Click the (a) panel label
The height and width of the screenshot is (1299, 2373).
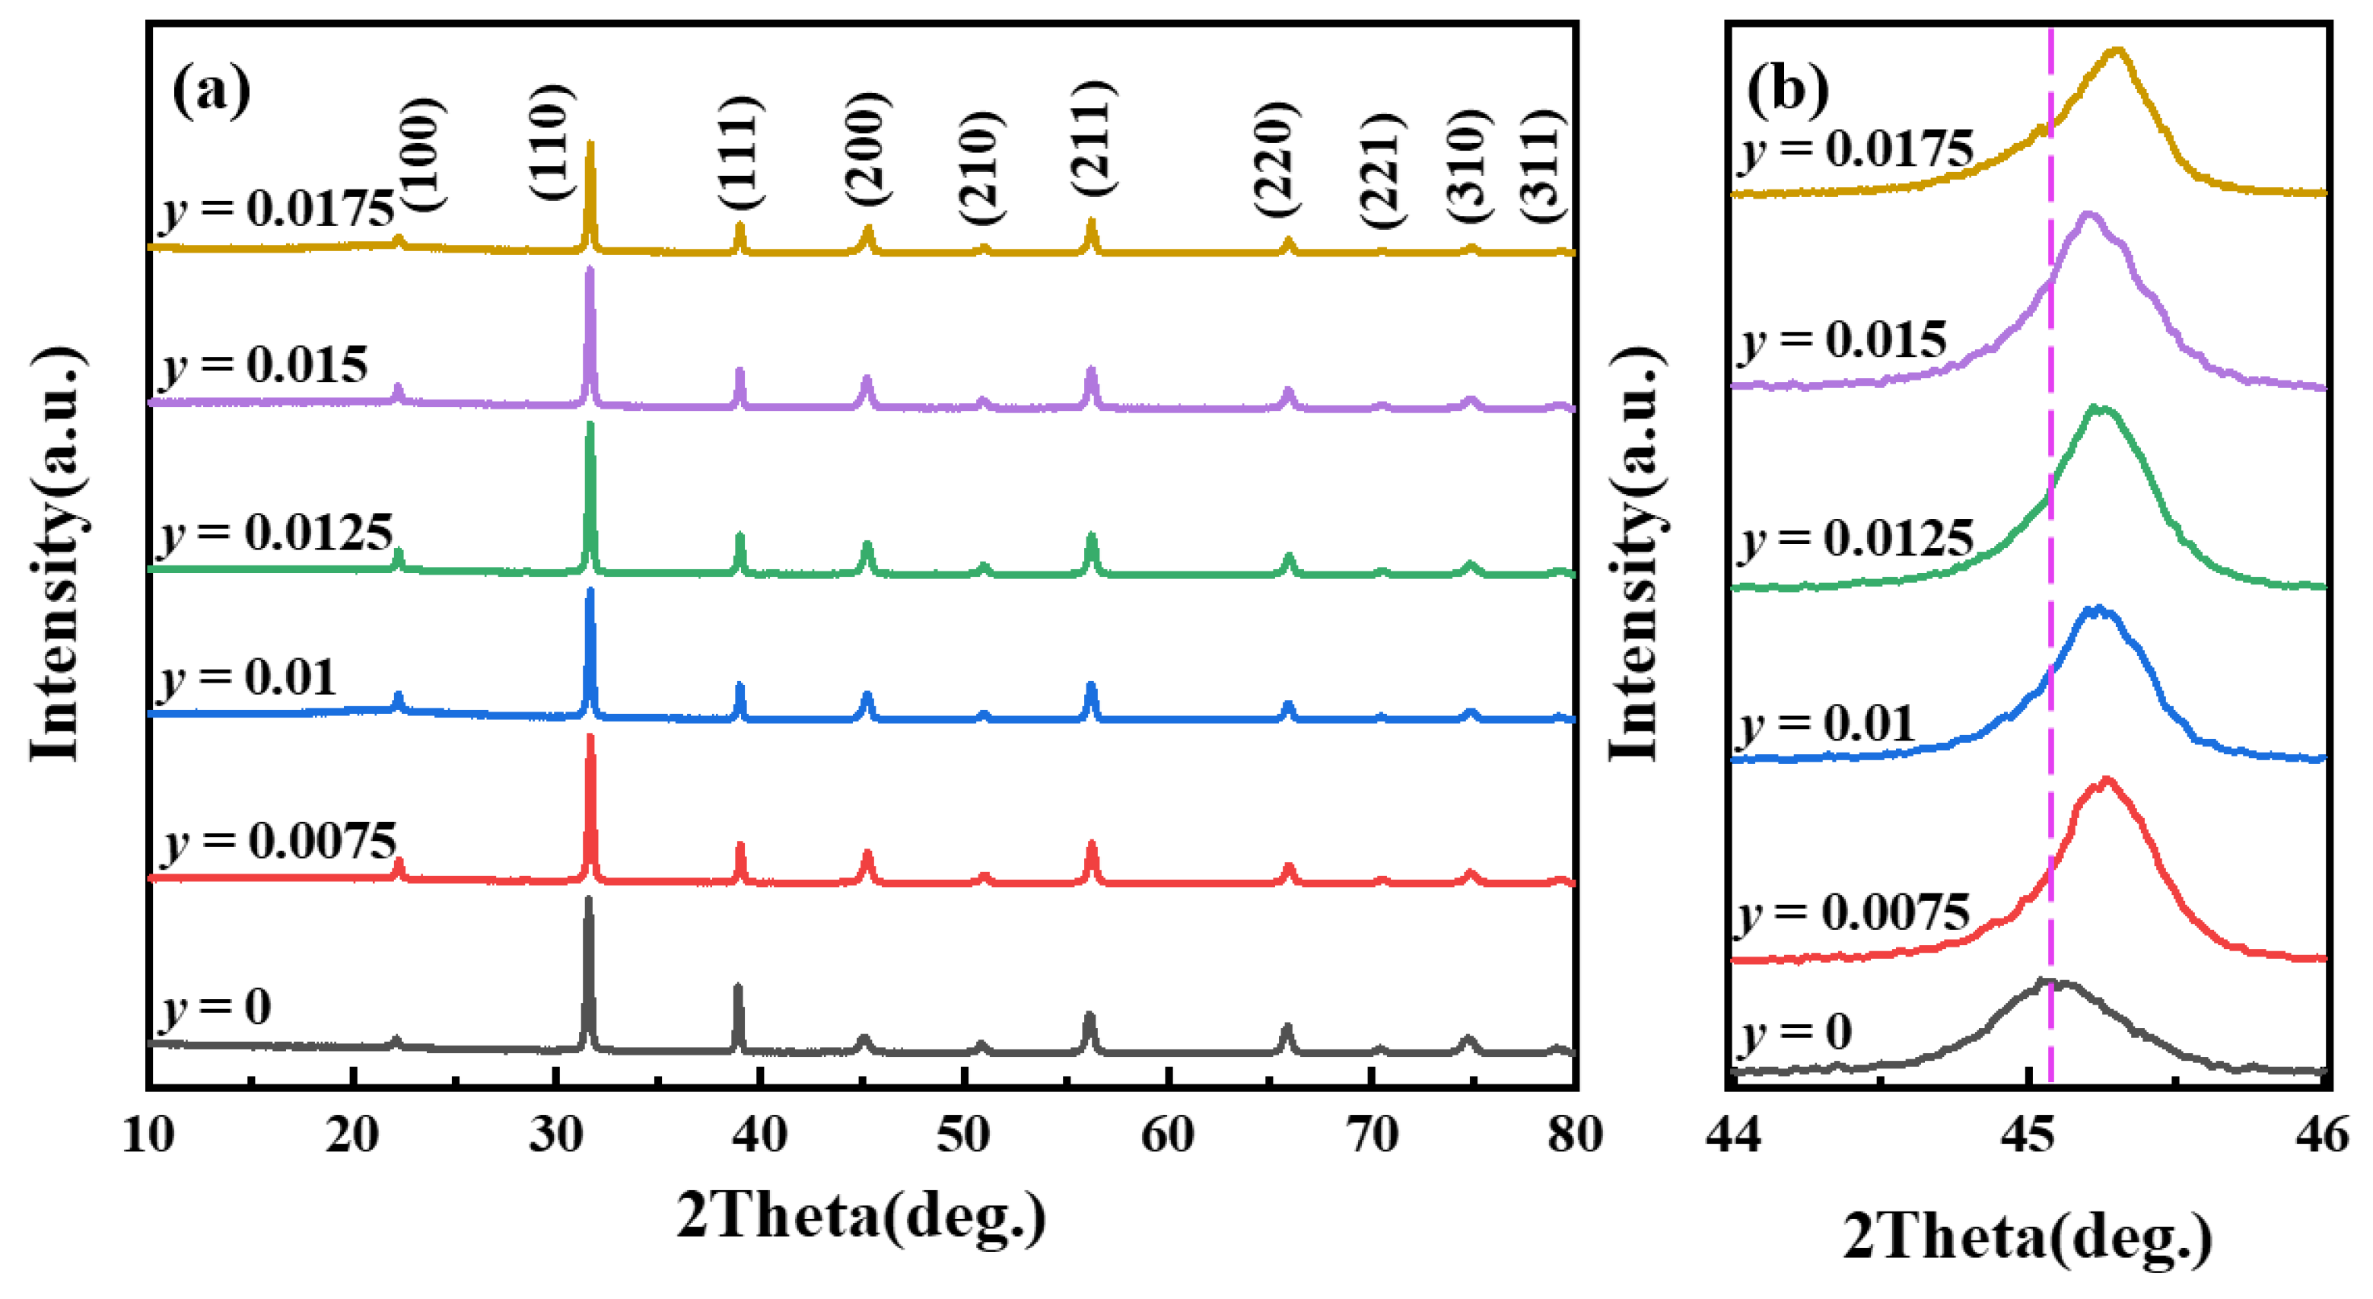[211, 91]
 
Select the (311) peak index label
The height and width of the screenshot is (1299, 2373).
[1541, 165]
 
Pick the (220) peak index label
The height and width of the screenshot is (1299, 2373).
[1277, 159]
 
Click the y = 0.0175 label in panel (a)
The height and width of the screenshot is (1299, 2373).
[277, 209]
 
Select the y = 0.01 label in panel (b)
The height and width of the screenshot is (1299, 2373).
[1827, 723]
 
